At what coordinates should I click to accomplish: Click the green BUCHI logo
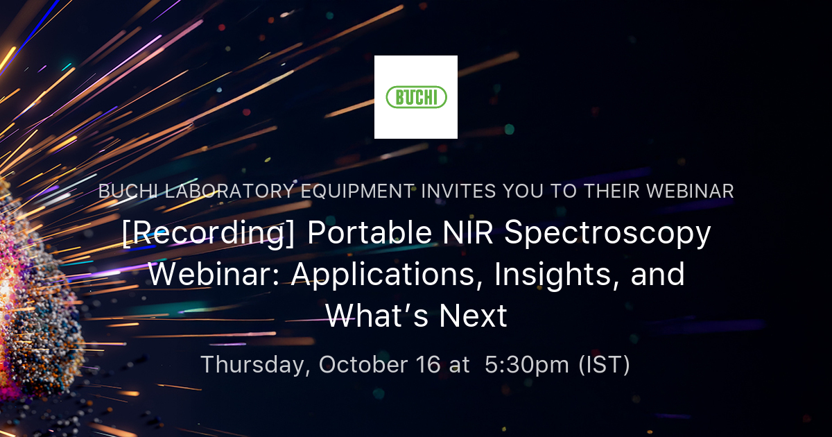(416, 97)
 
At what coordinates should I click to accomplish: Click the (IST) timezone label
(604, 365)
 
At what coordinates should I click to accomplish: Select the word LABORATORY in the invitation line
(227, 191)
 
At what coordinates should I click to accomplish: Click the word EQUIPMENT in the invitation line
(364, 191)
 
